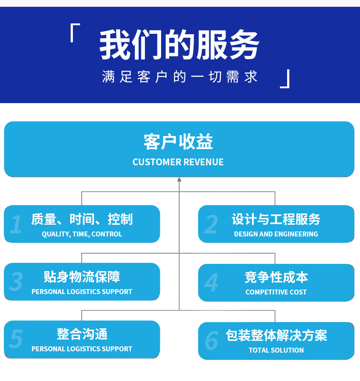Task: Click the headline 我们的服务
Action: [x=179, y=45]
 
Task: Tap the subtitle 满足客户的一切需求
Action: [x=180, y=77]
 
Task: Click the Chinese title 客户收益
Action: [x=178, y=142]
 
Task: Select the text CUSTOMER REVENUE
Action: [x=178, y=162]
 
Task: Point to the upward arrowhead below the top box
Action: [x=179, y=180]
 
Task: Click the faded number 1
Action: [x=16, y=225]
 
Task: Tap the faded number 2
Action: [x=211, y=225]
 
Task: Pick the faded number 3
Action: [x=16, y=282]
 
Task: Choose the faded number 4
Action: [x=211, y=283]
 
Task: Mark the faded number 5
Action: [x=16, y=340]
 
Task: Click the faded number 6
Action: [x=211, y=341]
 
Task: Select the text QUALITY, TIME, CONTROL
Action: [x=82, y=234]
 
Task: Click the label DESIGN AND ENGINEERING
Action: [x=276, y=234]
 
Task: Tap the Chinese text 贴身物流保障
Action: [x=82, y=277]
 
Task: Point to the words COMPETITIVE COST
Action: [x=276, y=292]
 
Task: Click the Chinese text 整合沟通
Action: [x=82, y=334]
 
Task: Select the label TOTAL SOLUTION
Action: [x=276, y=350]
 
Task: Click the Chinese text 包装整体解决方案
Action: [x=276, y=336]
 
